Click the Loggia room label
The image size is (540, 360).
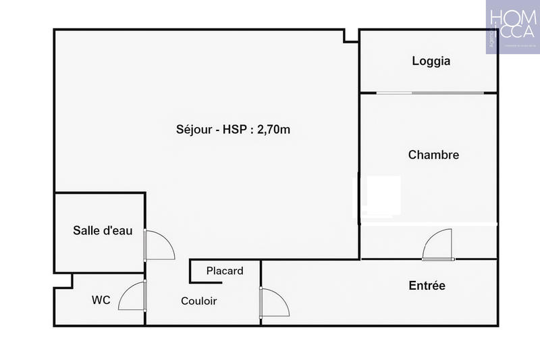(x=431, y=61)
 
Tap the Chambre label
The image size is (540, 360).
(x=433, y=155)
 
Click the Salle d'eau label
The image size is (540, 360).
(x=103, y=230)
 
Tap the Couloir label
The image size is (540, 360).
(x=199, y=301)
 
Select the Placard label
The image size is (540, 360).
(x=225, y=271)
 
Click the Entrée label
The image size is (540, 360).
(x=427, y=286)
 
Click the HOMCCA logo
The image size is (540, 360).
(x=512, y=27)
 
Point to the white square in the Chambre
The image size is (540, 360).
(x=383, y=195)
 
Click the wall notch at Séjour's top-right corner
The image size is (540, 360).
(x=351, y=36)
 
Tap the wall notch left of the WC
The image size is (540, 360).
(x=63, y=280)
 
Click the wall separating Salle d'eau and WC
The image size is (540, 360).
(x=99, y=273)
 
